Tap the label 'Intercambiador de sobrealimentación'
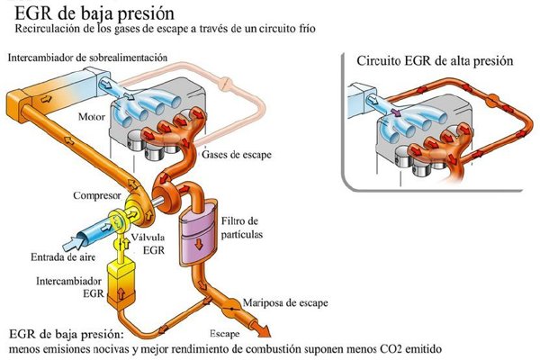click(88, 57)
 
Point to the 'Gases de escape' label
click(237, 154)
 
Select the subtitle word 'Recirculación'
click(45, 30)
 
